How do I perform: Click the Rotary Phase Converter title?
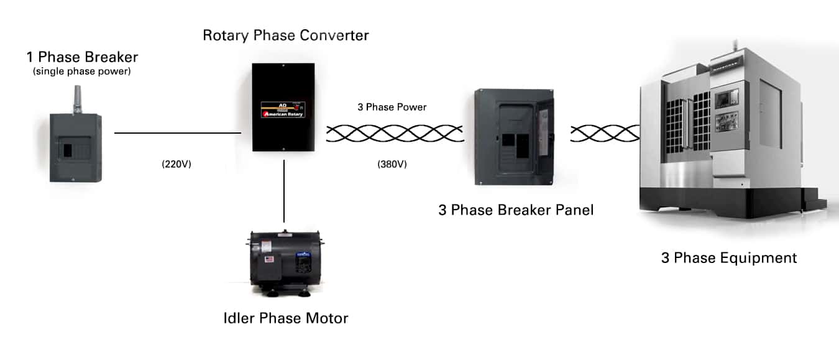286,35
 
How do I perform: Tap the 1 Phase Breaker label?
82,57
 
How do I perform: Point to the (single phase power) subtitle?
82,72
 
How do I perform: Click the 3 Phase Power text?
392,107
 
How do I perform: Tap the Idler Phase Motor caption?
286,318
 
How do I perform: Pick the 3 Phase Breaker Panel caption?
516,210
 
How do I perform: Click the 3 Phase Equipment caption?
728,257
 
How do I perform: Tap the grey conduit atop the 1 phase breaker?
78,99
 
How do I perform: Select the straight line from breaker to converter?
177,132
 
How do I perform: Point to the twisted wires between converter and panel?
395,133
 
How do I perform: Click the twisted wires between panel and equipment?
605,133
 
